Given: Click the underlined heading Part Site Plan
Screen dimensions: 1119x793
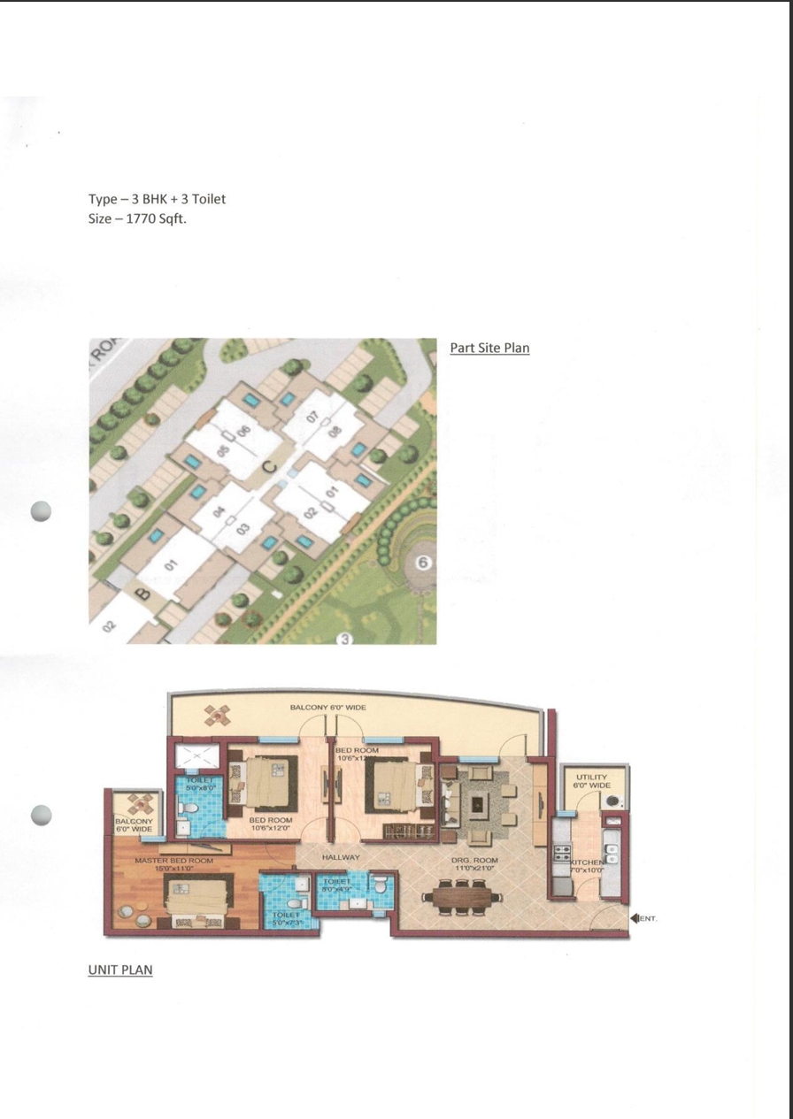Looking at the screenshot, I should point(489,348).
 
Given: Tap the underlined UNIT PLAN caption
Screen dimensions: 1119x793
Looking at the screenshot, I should point(120,970).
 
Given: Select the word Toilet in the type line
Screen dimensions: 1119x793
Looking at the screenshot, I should point(209,199).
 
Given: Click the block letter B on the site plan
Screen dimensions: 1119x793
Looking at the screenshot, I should point(142,594).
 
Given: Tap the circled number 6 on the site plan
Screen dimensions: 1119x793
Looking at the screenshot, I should point(424,563).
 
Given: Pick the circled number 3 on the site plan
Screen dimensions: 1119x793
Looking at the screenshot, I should point(345,639).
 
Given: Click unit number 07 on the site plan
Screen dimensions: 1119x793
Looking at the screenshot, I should point(312,418).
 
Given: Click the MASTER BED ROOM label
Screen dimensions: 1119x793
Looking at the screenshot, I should point(173,860).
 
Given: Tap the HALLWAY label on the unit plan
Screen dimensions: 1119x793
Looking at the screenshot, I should point(341,857).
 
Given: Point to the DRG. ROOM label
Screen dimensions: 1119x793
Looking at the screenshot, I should point(475,860).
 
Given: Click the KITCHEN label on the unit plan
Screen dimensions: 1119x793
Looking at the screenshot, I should point(587,862).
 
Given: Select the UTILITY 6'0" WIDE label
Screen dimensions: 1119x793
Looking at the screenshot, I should point(591,781).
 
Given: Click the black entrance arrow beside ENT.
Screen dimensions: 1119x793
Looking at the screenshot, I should point(634,918).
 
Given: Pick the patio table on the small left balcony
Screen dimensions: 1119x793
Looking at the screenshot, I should point(140,803).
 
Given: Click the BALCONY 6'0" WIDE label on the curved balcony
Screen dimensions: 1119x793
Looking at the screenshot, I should point(327,708).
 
